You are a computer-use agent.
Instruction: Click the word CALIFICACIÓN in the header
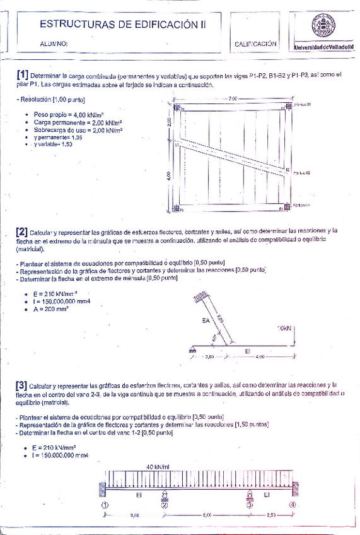click(x=255, y=44)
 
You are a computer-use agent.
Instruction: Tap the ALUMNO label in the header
click(x=54, y=45)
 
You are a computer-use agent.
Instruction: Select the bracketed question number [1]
click(x=22, y=74)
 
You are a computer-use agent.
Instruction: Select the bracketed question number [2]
click(x=22, y=231)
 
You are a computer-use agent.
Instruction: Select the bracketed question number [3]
click(x=22, y=385)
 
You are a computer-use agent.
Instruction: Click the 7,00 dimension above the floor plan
click(x=233, y=99)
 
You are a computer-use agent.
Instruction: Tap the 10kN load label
click(x=284, y=329)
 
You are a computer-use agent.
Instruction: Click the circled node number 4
click(x=292, y=505)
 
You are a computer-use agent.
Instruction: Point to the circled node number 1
click(x=105, y=505)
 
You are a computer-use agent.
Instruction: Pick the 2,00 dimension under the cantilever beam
click(x=210, y=357)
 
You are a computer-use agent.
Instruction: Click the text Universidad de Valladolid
click(x=323, y=48)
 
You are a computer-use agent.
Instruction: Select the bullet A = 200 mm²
click(x=50, y=309)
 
